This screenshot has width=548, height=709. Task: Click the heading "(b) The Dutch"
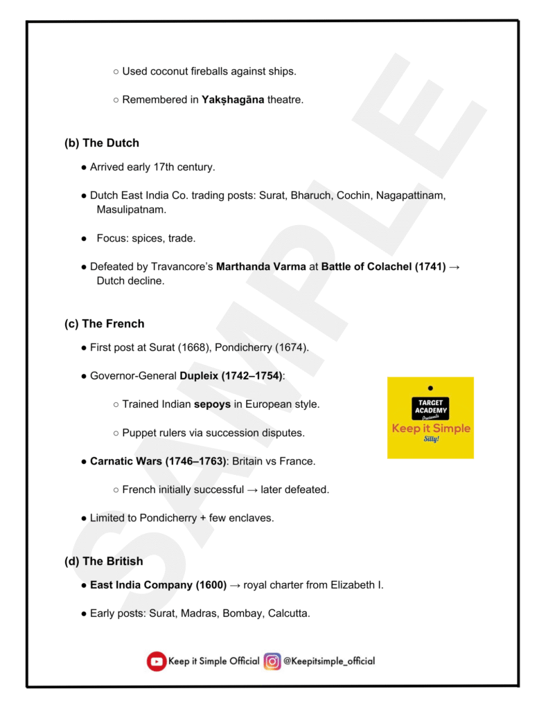[x=102, y=143]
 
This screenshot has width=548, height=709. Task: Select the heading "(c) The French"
[x=104, y=324]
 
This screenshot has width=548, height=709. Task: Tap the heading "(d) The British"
[x=104, y=562]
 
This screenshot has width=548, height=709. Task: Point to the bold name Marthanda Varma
[x=261, y=267]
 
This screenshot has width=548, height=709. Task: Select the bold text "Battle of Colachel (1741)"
[x=383, y=267]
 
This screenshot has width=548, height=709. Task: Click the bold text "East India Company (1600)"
[x=158, y=585]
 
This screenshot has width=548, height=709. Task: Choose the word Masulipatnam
[x=132, y=209]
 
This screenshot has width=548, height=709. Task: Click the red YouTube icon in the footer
[x=157, y=662]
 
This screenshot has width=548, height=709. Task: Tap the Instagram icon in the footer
[x=272, y=662]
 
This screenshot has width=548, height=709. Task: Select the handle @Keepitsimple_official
[x=329, y=661]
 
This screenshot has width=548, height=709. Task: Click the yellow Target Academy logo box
[x=430, y=418]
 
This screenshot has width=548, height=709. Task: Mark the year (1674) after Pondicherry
[x=292, y=348]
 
